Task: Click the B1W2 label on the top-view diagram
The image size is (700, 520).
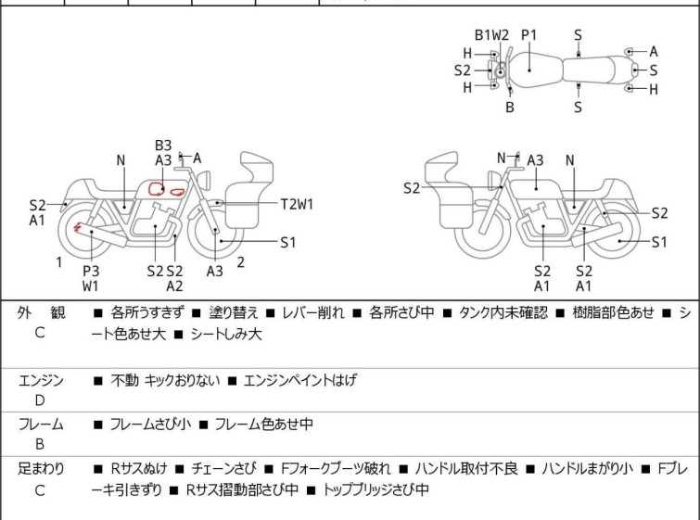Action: [x=492, y=34]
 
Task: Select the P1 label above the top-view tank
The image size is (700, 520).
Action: [x=529, y=34]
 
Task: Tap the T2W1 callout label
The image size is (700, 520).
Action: [x=298, y=203]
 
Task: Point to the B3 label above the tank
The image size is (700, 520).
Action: [x=163, y=145]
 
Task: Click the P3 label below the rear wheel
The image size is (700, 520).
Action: [x=91, y=271]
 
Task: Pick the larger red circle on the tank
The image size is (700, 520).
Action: [x=158, y=189]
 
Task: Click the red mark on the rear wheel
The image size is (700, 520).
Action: [x=78, y=227]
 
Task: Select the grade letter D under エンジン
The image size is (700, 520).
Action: [x=39, y=400]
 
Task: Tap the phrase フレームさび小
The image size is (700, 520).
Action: [x=150, y=425]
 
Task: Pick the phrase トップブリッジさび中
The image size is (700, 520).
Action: [x=375, y=489]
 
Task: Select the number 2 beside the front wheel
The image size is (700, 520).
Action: [x=241, y=262]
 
